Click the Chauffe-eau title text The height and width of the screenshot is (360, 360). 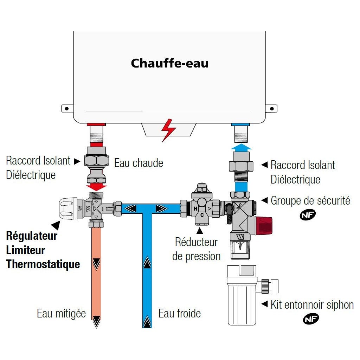(170, 64)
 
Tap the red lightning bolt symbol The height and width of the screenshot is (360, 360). (168, 130)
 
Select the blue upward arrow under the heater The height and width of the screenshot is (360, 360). (241, 147)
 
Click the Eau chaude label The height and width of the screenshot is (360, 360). (139, 163)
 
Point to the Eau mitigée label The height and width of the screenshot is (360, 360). (61, 313)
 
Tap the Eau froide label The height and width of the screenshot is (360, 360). (180, 313)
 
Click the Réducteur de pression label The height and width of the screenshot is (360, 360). (197, 249)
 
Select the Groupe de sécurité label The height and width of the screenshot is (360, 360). (310, 201)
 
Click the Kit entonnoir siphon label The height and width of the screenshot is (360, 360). (312, 304)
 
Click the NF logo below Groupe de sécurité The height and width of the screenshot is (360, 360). (308, 215)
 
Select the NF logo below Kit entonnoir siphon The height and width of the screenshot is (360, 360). (311, 319)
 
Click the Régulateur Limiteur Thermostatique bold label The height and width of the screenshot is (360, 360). (43, 250)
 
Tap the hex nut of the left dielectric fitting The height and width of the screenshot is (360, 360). (96, 160)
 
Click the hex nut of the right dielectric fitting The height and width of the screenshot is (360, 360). (241, 165)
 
